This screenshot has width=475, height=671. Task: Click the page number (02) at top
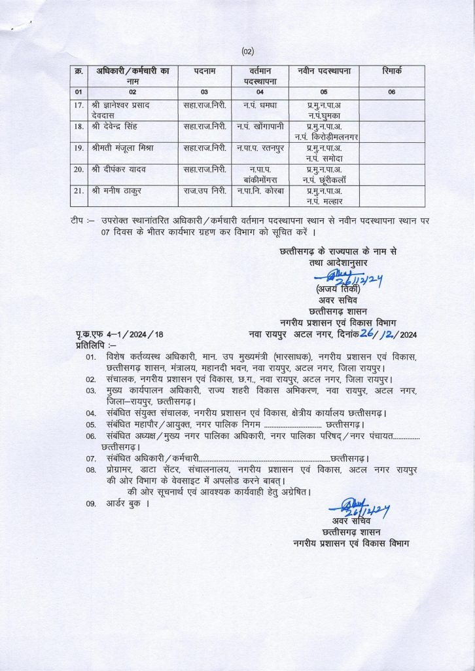(x=247, y=51)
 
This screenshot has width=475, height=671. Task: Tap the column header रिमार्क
(x=391, y=69)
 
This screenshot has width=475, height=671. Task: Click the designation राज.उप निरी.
(x=205, y=191)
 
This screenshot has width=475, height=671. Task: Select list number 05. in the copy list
(x=91, y=424)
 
